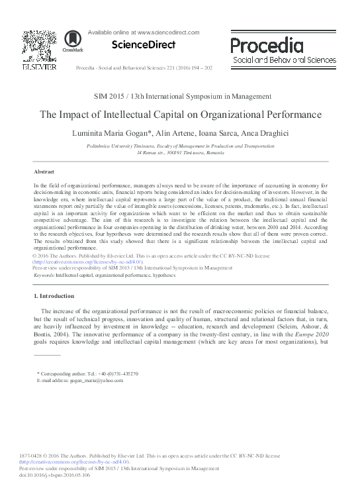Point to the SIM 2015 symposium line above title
click(179, 97)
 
